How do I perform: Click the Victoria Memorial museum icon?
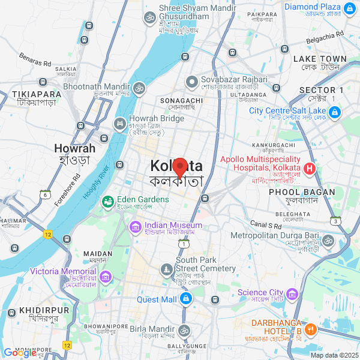point(106,277)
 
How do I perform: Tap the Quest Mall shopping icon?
point(187,299)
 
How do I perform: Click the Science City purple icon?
point(292,293)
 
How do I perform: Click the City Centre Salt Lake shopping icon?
point(334,112)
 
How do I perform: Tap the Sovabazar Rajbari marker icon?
point(191,80)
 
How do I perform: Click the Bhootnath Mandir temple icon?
point(139,88)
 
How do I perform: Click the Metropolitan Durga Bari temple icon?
point(327,241)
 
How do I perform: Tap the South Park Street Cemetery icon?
point(166,271)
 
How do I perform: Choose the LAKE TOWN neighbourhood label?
point(319,59)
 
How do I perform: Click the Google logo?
point(20,353)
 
